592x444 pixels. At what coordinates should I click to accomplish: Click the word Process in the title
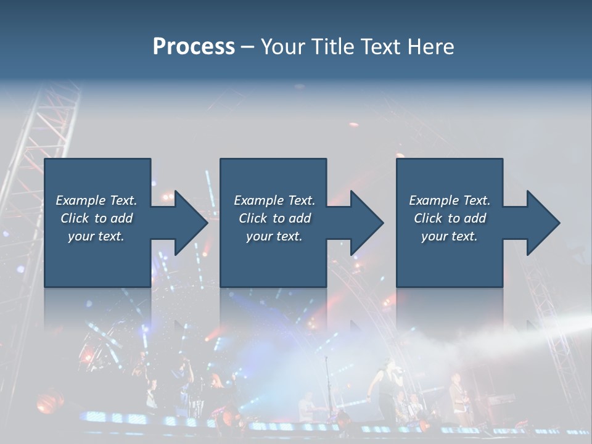pos(194,46)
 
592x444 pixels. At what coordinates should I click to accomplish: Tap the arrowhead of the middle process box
pos(366,223)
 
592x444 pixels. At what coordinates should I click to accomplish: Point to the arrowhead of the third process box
pos(542,223)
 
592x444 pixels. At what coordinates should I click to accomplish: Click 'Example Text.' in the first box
pos(96,200)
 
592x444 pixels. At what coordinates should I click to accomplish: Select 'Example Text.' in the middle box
pos(274,200)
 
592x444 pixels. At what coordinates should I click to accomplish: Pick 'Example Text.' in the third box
pos(450,200)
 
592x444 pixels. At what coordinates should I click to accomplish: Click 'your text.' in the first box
pos(96,236)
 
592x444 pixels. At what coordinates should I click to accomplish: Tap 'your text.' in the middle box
pos(274,236)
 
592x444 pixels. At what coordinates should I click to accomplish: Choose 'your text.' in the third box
pos(450,236)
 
